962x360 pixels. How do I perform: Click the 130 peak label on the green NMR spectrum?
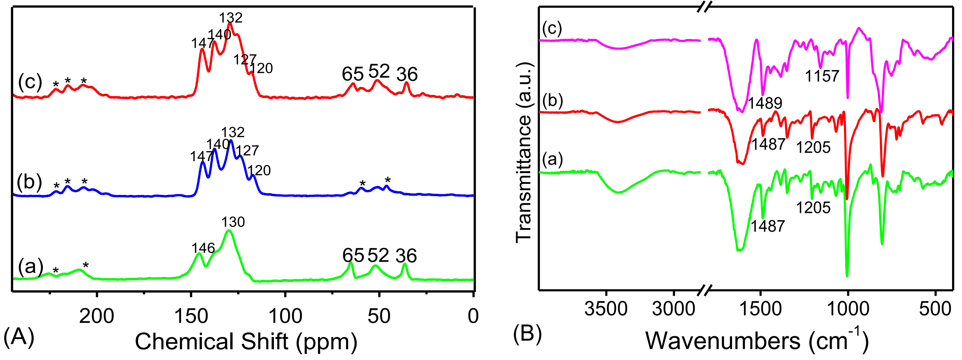(233, 222)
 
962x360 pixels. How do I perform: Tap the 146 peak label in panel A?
(203, 248)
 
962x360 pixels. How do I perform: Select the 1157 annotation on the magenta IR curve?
(822, 76)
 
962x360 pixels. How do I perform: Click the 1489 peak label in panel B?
(765, 103)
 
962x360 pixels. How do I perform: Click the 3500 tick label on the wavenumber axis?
(606, 309)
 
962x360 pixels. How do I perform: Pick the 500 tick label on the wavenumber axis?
(935, 309)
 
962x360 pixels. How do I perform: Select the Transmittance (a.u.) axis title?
(524, 152)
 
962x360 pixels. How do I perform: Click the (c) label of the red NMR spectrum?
(30, 82)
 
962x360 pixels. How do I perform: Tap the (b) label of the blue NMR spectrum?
(29, 182)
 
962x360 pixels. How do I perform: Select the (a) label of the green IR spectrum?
(552, 158)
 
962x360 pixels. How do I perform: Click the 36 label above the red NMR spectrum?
(407, 74)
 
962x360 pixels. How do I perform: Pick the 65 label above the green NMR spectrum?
(353, 255)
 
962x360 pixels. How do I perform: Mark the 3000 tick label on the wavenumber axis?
(674, 309)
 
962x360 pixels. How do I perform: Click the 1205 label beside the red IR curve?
(813, 147)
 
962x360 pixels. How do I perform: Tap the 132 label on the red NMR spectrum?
(231, 18)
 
